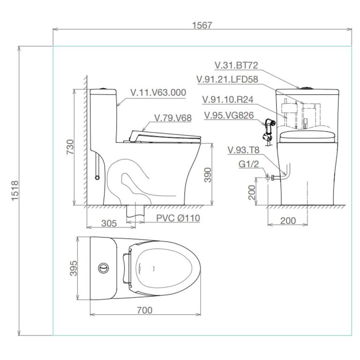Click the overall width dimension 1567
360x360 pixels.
click(x=202, y=25)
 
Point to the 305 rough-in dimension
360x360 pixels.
click(x=109, y=223)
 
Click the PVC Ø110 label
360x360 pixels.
click(x=178, y=218)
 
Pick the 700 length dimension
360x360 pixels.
click(x=145, y=310)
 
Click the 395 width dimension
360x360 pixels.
click(x=73, y=268)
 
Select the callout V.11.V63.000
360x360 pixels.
click(x=158, y=93)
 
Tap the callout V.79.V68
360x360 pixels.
click(x=172, y=118)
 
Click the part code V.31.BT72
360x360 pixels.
click(x=236, y=66)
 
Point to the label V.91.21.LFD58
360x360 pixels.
click(x=227, y=79)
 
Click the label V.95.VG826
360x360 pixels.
click(x=229, y=115)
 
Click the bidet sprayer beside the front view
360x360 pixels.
click(x=269, y=131)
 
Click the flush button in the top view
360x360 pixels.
click(x=103, y=268)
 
